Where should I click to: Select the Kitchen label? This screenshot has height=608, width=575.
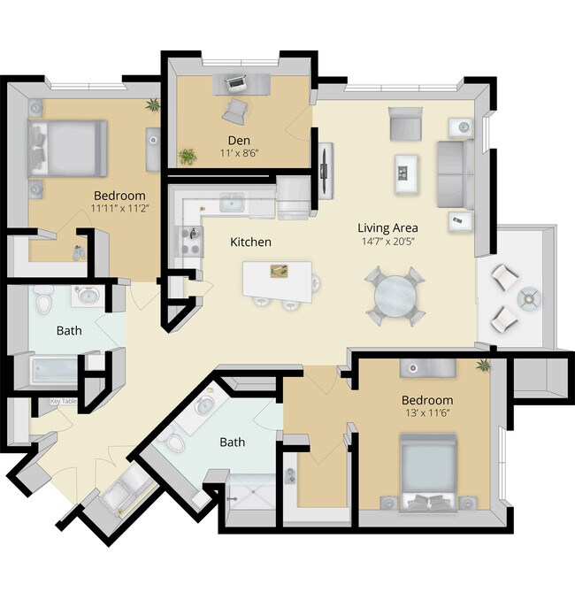(250, 242)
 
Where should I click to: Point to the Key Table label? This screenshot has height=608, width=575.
(63, 402)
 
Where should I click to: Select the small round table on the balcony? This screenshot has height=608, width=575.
(527, 299)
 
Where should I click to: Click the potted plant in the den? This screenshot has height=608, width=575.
(188, 157)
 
